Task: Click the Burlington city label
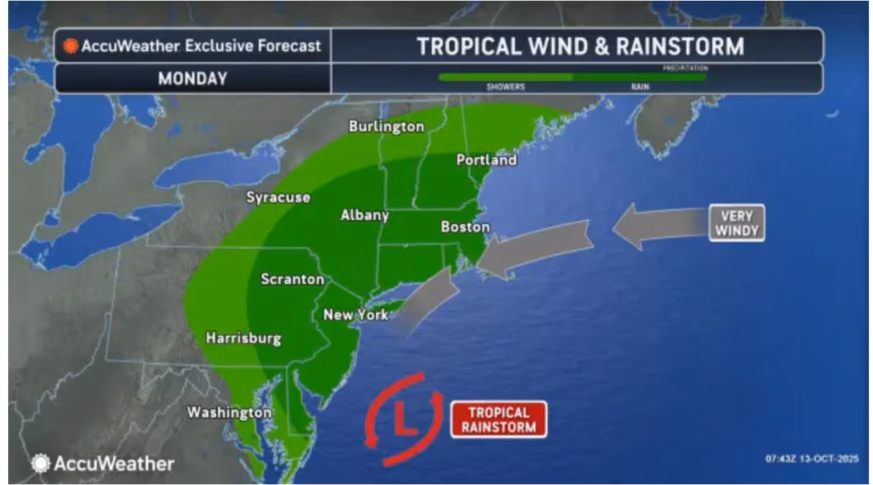tap(386, 127)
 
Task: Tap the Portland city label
tap(486, 160)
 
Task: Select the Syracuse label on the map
tap(278, 198)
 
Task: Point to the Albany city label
tap(365, 216)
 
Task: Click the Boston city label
tap(465, 227)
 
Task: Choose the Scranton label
tap(293, 280)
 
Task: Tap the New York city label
tap(355, 315)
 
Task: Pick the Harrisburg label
tap(243, 338)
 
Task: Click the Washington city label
tap(229, 413)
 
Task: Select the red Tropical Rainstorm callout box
tap(499, 420)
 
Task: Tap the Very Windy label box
tap(737, 223)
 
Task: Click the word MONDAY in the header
tap(192, 79)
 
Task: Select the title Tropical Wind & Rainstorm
tap(580, 46)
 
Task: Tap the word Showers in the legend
tap(505, 87)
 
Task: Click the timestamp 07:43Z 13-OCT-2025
tap(812, 458)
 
